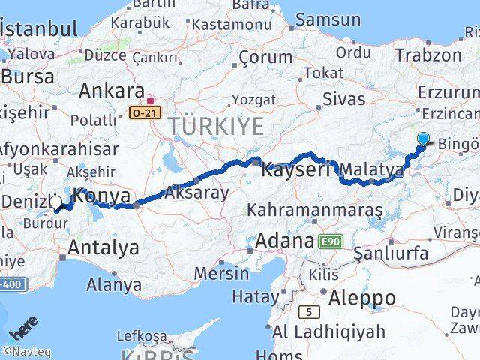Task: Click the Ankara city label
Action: tap(111, 91)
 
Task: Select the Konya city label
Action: tap(103, 196)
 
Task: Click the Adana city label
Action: tap(284, 241)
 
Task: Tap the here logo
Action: tap(24, 330)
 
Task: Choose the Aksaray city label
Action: tap(199, 192)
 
